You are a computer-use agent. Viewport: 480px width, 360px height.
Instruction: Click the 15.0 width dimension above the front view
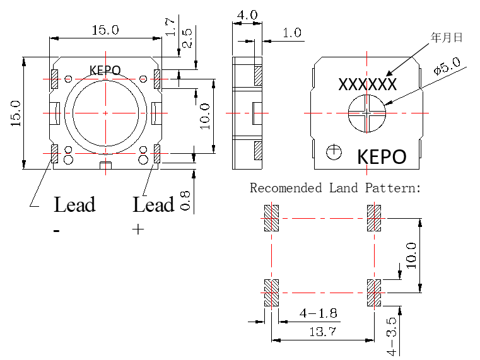tap(105, 30)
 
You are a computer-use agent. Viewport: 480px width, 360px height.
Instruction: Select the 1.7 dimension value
tap(170, 26)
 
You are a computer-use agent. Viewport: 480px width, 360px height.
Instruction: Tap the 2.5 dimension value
tap(187, 39)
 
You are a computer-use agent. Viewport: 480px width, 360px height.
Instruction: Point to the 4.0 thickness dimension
tap(246, 14)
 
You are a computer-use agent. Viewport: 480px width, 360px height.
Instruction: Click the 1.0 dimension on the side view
tap(291, 33)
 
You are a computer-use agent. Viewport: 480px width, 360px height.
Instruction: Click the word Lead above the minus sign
tap(74, 205)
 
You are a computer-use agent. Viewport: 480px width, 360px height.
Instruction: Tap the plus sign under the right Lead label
tap(138, 229)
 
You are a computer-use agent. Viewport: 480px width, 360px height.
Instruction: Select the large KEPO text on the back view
tap(382, 156)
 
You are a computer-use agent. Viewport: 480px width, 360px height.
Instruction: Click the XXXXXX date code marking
tap(367, 84)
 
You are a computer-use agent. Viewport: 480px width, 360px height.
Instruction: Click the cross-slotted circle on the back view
tap(366, 113)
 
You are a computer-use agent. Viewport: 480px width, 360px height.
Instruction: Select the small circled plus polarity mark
tap(334, 151)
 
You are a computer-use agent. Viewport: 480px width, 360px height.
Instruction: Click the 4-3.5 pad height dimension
tap(393, 331)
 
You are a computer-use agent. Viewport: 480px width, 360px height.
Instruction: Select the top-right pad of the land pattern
tap(374, 218)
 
